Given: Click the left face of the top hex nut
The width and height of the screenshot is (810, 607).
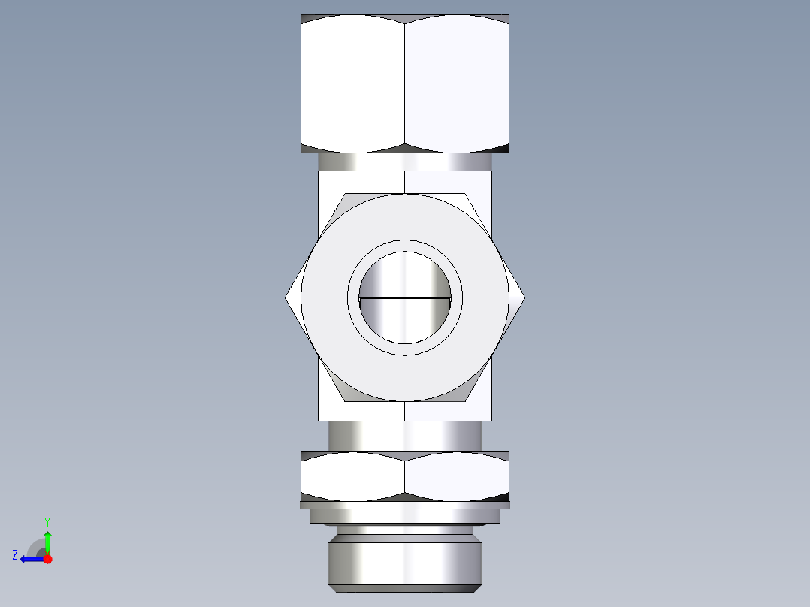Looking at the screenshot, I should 352,83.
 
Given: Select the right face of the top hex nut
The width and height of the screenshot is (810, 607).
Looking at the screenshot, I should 457,83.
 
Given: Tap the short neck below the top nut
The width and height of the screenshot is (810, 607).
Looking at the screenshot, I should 405,162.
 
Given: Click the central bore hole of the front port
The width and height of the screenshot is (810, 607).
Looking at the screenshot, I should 405,323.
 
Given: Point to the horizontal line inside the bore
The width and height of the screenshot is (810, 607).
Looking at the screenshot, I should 405,297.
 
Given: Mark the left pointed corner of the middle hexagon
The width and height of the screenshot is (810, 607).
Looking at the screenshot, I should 286,297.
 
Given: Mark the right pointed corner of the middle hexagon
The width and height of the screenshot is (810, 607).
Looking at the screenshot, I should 524,297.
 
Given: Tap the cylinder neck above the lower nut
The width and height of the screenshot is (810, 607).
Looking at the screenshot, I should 405,436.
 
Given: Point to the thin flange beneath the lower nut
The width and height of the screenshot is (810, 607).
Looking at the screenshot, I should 405,505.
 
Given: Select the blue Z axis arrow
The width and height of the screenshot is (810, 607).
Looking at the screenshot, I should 30,559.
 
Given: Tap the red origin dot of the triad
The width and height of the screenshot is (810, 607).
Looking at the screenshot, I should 47,559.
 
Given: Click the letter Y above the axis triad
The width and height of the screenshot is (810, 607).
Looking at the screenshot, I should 47,521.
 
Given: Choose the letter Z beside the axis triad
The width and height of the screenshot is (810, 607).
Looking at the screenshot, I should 15,555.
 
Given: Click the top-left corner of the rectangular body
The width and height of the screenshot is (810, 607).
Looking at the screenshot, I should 319,171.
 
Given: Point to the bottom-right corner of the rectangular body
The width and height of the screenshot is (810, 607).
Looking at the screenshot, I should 491,420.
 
